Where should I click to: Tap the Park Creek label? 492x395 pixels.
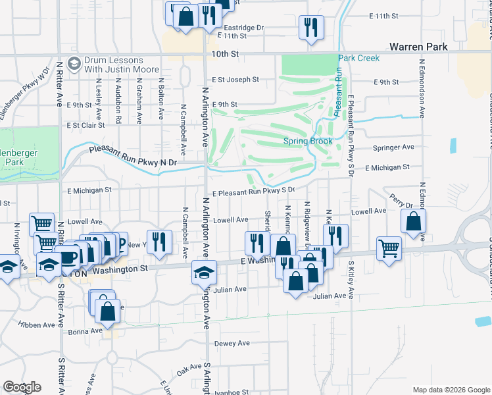pyautogui.click(x=359, y=59)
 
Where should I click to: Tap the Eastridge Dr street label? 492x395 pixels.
pyautogui.click(x=243, y=28)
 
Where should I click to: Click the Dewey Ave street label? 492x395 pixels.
pyautogui.click(x=232, y=343)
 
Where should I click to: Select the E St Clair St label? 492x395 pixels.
pyautogui.click(x=86, y=125)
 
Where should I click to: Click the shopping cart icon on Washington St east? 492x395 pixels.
pyautogui.click(x=389, y=249)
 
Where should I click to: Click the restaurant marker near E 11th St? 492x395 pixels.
pyautogui.click(x=310, y=27)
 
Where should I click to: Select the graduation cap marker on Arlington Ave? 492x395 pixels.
pyautogui.click(x=204, y=271)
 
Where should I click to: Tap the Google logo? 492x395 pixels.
pyautogui.click(x=22, y=387)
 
